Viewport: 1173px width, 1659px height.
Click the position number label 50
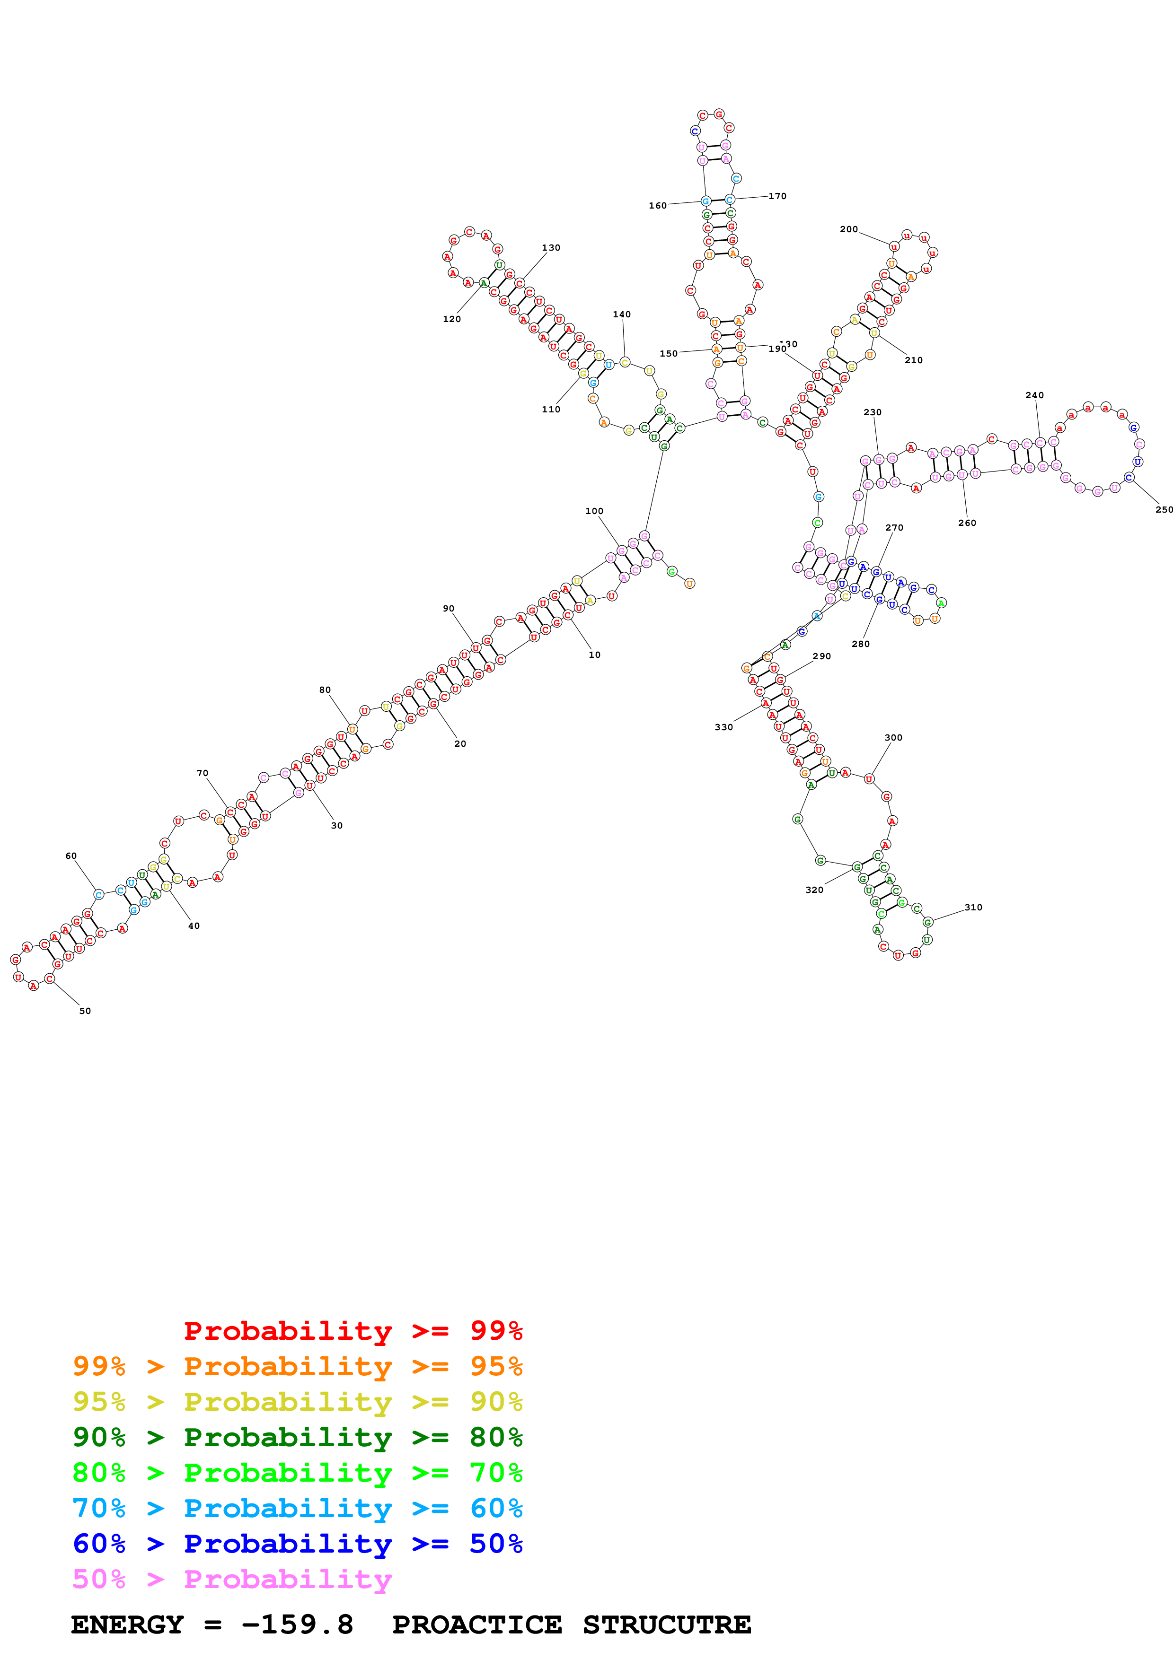(x=85, y=1011)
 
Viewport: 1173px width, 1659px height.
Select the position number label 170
(x=777, y=196)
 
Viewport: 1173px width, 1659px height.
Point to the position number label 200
(x=848, y=229)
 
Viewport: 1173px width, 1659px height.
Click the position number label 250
(x=1164, y=509)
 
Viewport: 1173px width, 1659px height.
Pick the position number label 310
(x=973, y=908)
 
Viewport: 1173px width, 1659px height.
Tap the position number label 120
(x=452, y=319)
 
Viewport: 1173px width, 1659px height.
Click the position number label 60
(x=71, y=856)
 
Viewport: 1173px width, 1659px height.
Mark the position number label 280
(x=860, y=644)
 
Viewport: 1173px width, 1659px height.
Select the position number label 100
(x=594, y=511)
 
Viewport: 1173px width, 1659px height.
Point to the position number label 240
(x=1034, y=395)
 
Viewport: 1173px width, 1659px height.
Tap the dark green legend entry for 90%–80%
(x=297, y=1437)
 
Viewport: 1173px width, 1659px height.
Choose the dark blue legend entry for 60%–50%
(x=297, y=1544)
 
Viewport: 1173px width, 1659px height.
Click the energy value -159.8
(x=297, y=1624)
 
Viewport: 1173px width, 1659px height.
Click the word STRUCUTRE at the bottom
(x=666, y=1624)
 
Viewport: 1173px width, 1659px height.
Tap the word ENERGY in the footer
(x=127, y=1624)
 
